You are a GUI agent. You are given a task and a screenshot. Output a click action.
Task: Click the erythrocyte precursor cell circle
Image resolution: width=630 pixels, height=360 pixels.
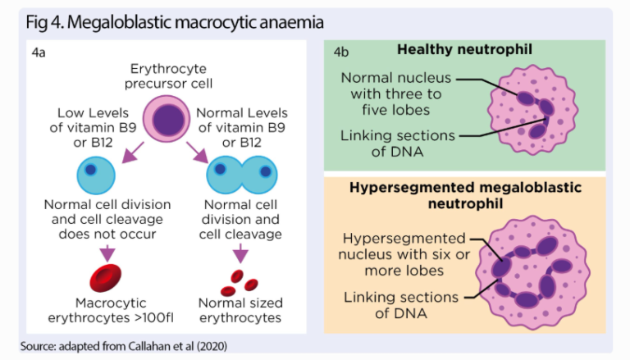pos(168,118)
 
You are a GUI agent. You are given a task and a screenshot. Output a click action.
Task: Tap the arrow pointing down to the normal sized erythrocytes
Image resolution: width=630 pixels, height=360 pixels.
pos(240,255)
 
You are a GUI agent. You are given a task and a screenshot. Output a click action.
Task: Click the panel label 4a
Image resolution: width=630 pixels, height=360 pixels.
pos(38,53)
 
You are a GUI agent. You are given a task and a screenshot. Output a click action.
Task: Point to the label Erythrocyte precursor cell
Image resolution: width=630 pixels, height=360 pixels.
pos(168,76)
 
